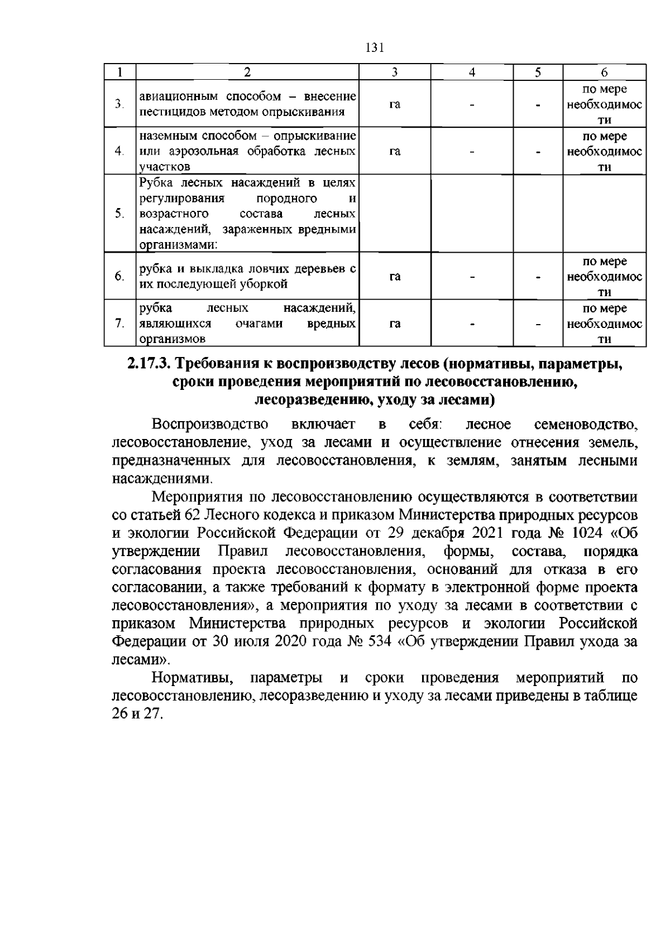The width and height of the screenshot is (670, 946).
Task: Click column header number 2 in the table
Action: pos(247,73)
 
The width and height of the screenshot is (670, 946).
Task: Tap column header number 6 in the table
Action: pos(604,73)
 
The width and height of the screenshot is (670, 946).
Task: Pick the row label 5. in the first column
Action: pos(118,214)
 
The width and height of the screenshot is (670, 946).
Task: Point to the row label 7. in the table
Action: pos(118,324)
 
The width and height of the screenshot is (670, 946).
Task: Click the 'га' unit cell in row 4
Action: pos(395,151)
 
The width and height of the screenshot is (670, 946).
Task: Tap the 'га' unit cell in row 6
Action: pos(395,277)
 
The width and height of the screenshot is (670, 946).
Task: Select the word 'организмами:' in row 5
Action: pos(178,245)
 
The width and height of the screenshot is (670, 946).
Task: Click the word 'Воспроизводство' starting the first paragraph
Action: pos(210,424)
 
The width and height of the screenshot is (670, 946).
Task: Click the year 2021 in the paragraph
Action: pos(488,533)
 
